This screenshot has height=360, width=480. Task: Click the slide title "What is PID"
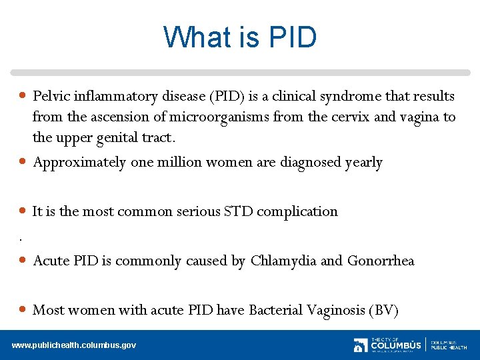pyautogui.click(x=240, y=37)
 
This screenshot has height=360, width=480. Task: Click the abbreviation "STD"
pyautogui.click(x=238, y=211)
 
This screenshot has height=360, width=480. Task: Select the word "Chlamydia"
pyautogui.click(x=283, y=261)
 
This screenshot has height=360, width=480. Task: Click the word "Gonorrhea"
pyautogui.click(x=381, y=261)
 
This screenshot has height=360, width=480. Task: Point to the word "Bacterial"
pyautogui.click(x=275, y=310)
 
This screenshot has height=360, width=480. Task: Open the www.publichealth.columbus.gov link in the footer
pyautogui.click(x=74, y=345)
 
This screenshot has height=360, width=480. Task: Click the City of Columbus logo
pyautogui.click(x=387, y=345)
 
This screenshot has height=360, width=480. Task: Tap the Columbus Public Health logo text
pyautogui.click(x=449, y=345)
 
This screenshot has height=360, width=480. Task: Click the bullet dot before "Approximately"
pyautogui.click(x=23, y=162)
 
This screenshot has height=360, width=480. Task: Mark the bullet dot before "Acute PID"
pyautogui.click(x=23, y=260)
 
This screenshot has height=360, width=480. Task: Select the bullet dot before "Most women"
pyautogui.click(x=23, y=309)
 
